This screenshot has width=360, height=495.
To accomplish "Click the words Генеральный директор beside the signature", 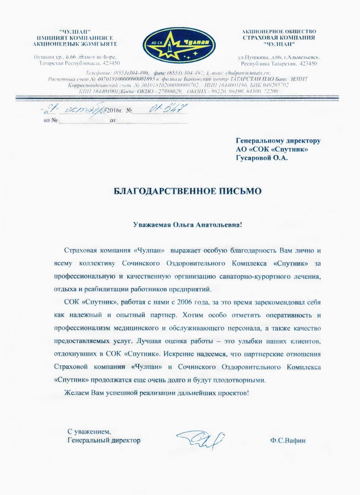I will click(x=103, y=441).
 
